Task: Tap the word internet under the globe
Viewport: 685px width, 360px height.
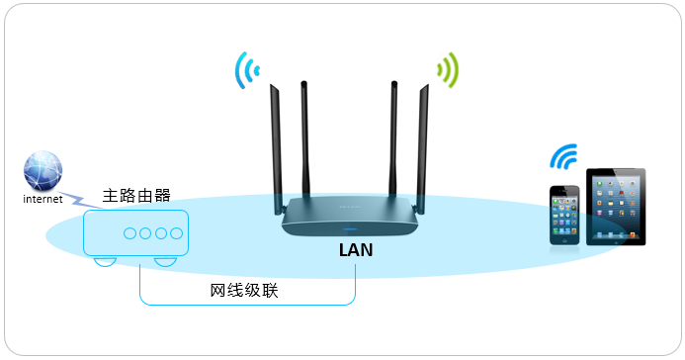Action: (43, 199)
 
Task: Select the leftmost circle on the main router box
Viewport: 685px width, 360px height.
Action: (129, 233)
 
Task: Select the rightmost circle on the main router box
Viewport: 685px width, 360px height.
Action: (176, 233)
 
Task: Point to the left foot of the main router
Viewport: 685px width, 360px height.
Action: (104, 262)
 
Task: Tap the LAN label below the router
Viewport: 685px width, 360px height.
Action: (356, 251)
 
